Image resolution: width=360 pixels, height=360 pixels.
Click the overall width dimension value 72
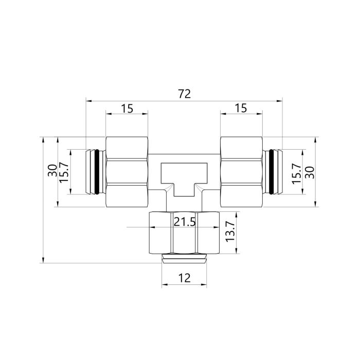point(184,94)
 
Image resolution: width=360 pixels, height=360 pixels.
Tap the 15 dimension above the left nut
point(127,108)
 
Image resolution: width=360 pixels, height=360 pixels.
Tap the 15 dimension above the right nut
point(241,108)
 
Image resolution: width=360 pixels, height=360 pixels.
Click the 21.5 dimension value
point(185,222)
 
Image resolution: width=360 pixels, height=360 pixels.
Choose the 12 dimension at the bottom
point(184,278)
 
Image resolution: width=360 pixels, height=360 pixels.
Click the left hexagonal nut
point(127,172)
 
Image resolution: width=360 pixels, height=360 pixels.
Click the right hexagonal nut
point(241,172)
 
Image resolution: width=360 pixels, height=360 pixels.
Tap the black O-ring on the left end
point(95,172)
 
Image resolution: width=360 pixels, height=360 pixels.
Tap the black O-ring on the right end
point(273,172)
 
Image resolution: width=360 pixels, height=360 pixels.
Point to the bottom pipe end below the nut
point(184,258)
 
